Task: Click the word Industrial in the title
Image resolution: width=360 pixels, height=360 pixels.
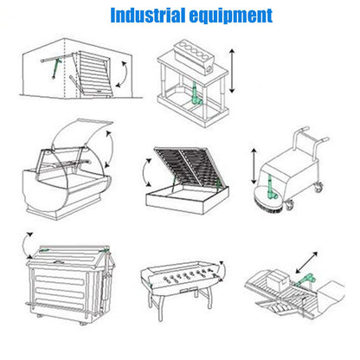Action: click(148, 16)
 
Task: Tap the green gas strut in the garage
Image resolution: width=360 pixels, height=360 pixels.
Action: click(55, 68)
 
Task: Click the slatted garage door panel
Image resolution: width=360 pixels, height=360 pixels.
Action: click(93, 74)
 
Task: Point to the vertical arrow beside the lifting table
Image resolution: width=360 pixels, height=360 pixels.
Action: click(232, 71)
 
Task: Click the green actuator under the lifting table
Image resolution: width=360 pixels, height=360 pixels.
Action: click(196, 93)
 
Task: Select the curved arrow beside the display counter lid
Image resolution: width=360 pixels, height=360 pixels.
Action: click(112, 149)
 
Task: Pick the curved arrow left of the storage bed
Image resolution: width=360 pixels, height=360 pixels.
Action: click(145, 172)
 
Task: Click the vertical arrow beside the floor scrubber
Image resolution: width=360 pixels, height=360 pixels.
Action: click(254, 166)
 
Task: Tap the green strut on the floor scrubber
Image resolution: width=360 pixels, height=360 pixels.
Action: click(271, 187)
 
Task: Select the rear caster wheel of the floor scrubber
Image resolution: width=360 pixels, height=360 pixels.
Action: click(318, 187)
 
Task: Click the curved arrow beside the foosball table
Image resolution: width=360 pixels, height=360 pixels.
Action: click(223, 271)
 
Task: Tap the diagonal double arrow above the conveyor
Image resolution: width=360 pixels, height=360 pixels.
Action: click(306, 262)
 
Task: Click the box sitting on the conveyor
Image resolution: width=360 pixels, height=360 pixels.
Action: click(277, 278)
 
